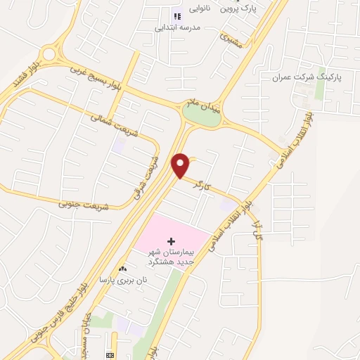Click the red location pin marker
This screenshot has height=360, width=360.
tap(181, 166)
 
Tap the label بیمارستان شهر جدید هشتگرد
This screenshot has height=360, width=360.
tap(173, 256)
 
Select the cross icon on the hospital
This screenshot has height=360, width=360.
tap(171, 241)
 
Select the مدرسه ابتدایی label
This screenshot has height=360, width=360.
tap(178, 28)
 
